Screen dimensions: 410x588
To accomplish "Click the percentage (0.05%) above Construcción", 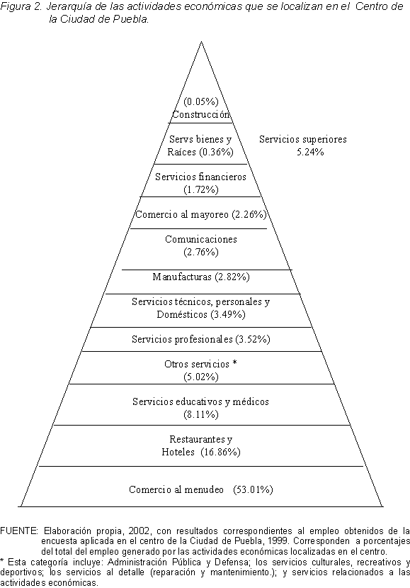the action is tap(201, 101).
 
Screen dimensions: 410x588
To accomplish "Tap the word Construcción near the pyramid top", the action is tap(200, 114).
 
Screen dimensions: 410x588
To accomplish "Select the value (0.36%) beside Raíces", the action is tap(216, 152).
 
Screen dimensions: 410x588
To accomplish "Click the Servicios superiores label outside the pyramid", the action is tap(303, 140).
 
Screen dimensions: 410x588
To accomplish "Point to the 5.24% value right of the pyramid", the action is tap(310, 152).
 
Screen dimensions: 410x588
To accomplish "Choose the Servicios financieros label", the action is tap(200, 177).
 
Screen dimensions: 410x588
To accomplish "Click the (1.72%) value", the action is tap(201, 189).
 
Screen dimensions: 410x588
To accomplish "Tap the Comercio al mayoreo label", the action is tap(182, 214).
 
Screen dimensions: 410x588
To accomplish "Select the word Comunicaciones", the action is tap(201, 239).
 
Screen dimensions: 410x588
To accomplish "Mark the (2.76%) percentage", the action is tap(201, 252).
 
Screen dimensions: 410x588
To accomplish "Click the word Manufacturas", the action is tap(183, 277).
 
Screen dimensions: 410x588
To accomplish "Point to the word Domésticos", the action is tap(182, 314).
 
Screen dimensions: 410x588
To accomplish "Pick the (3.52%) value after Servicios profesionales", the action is tap(253, 339).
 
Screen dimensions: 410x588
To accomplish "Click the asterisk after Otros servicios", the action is tap(235, 363).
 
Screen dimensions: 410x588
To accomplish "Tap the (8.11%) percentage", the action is tap(201, 414).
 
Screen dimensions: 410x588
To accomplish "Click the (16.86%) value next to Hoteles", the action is tap(220, 452).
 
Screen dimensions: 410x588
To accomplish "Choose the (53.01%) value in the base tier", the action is tap(253, 489).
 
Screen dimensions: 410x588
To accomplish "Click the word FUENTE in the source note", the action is tap(19, 531).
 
